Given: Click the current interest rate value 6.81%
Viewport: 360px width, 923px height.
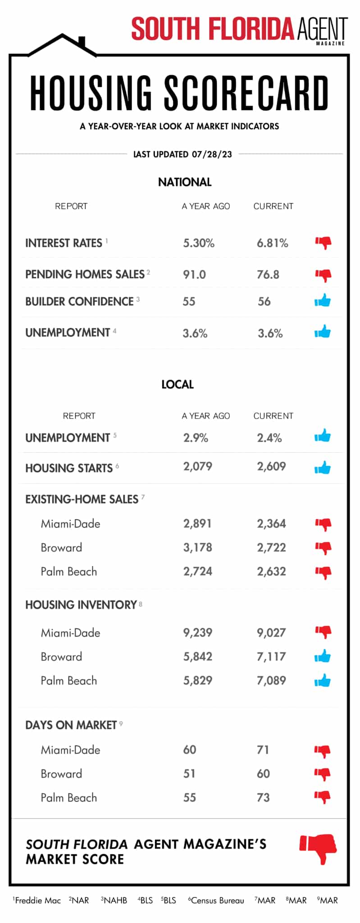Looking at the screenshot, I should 272,243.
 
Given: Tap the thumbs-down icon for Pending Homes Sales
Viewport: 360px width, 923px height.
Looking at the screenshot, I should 323,274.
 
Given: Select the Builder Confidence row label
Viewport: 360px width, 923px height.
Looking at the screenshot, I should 79,302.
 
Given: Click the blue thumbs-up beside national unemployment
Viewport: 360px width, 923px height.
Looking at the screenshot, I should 323,332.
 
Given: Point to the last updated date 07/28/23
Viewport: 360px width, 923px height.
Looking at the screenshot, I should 212,154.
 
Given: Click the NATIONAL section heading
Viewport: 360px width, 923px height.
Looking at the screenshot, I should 185,182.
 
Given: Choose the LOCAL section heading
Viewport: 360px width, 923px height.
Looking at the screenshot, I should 178,384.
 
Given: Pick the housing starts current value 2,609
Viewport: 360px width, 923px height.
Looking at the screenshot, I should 271,466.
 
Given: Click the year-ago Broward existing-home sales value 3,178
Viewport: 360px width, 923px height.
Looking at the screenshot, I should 197,548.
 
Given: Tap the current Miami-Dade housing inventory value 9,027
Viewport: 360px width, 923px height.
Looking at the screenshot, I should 271,633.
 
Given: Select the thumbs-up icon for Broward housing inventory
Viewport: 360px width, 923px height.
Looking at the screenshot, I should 323,657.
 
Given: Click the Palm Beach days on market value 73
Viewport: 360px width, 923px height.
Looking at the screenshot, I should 263,798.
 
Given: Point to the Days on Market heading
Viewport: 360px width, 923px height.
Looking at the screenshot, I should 71,725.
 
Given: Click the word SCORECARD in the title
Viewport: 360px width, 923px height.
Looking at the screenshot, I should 246,94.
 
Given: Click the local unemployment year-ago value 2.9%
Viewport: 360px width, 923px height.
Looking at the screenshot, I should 196,438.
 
